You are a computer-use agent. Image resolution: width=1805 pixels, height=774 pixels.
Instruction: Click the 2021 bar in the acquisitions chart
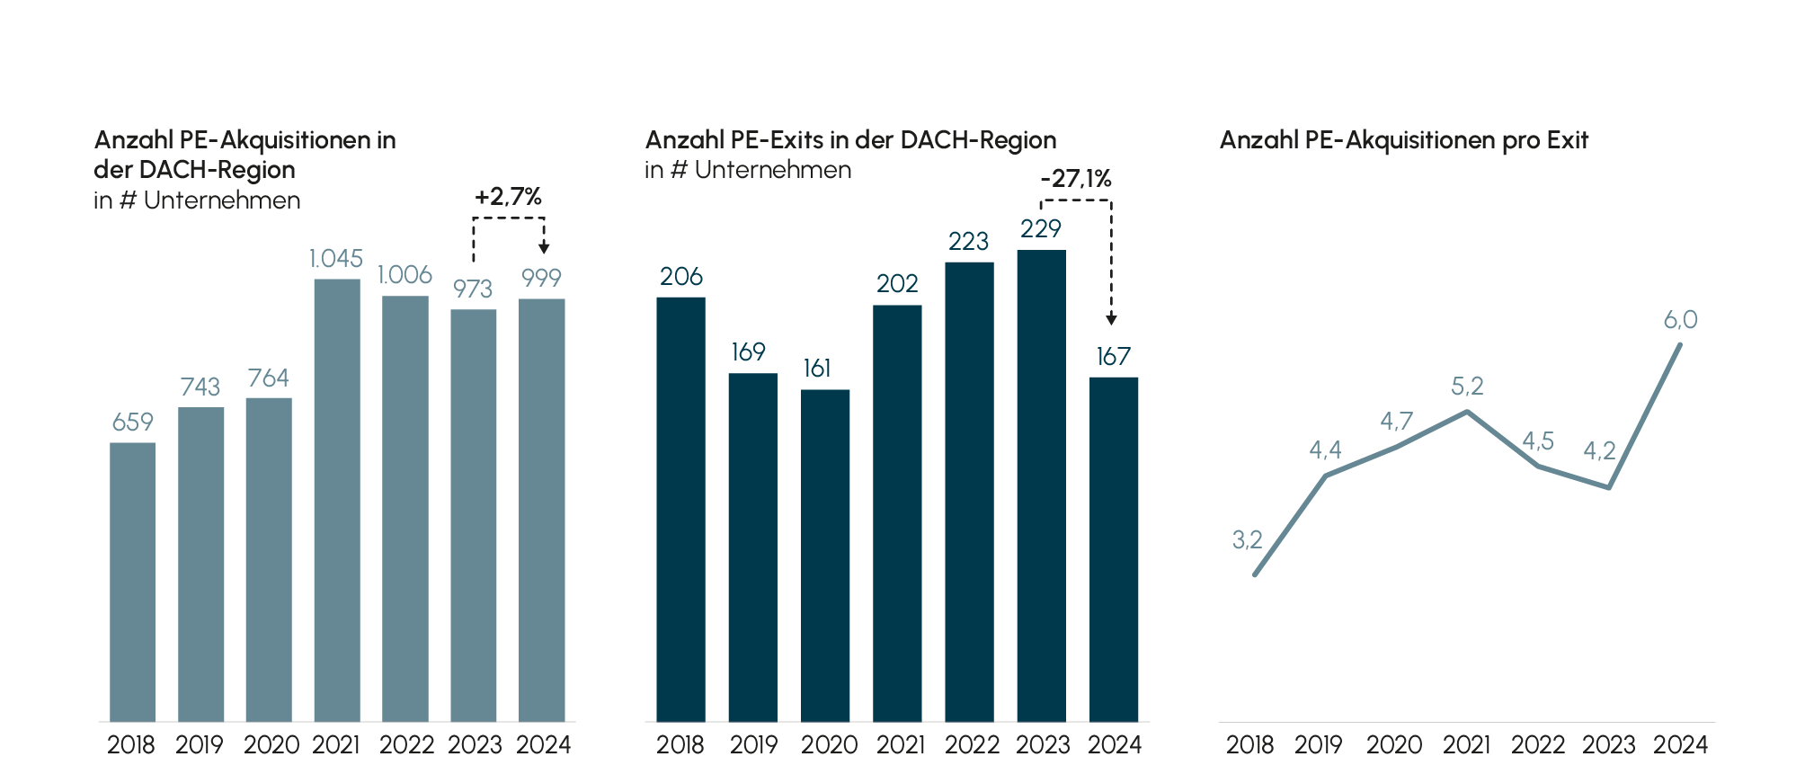pos(337,499)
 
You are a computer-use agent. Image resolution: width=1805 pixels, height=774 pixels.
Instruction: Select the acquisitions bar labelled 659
pos(132,581)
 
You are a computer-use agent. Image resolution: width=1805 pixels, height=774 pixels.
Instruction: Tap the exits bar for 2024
pos(1114,548)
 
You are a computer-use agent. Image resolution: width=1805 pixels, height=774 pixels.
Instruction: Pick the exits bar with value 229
pos(1041,485)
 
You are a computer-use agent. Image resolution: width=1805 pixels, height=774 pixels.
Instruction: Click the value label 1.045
pos(336,259)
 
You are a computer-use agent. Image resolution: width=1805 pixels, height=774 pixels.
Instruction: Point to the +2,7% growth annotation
pos(509,197)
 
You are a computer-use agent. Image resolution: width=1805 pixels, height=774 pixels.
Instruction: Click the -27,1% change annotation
pos(1076,179)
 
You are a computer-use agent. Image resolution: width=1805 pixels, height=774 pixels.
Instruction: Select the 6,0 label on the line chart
pos(1680,320)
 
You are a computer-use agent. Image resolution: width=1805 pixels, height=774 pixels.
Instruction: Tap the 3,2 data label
pos(1247,539)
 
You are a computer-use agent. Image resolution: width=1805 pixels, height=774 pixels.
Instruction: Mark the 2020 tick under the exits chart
pos(829,745)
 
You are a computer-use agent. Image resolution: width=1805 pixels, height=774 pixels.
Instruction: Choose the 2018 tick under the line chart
pos(1249,745)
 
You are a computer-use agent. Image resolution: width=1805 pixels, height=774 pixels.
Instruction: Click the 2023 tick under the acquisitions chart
pos(475,745)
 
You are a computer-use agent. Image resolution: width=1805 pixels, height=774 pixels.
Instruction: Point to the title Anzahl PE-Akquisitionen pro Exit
pos(1404,140)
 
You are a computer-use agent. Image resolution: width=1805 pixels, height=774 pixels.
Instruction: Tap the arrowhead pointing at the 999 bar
pos(544,248)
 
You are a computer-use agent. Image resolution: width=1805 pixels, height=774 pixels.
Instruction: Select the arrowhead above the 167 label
pos(1111,319)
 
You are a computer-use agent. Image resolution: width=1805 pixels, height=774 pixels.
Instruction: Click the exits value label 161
pos(817,369)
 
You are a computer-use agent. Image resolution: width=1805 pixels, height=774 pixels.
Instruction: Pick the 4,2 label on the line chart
pos(1599,450)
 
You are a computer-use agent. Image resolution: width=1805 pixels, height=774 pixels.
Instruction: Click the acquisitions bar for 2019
pos(201,564)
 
